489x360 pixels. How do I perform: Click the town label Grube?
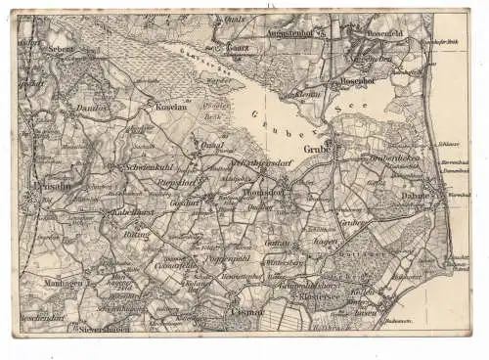(x=315, y=149)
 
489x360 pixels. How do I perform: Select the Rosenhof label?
(x=357, y=80)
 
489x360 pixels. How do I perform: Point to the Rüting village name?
(x=134, y=235)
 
